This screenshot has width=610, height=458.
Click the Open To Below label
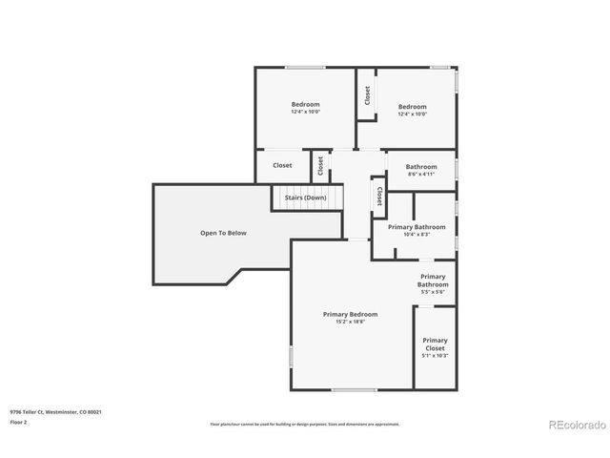click(x=223, y=233)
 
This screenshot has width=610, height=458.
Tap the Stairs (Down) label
click(x=305, y=198)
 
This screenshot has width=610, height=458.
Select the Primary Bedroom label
click(x=350, y=314)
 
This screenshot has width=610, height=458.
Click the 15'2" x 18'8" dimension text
click(x=350, y=322)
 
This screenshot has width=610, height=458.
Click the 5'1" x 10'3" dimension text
click(x=435, y=355)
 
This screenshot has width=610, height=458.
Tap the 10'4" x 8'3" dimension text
click(x=417, y=234)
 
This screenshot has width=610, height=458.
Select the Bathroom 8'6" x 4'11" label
click(x=421, y=166)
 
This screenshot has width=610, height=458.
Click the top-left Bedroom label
click(x=305, y=105)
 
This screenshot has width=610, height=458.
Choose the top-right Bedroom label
click(x=412, y=107)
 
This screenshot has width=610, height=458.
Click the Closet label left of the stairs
click(x=282, y=165)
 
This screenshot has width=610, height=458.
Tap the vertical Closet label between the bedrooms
click(x=367, y=95)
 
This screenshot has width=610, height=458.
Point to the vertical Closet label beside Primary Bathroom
click(x=378, y=196)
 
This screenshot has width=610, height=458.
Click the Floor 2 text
click(x=18, y=422)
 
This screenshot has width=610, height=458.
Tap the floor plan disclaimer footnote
click(x=304, y=424)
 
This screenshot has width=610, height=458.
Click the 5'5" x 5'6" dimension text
click(x=433, y=292)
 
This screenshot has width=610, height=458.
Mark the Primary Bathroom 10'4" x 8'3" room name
click(x=417, y=227)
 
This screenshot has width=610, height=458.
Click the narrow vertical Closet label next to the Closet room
click(x=321, y=166)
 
